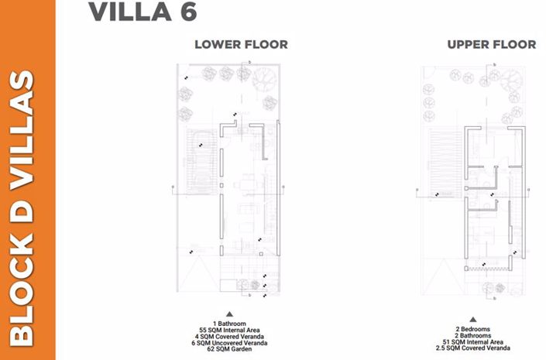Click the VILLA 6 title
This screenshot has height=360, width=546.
click(x=143, y=13)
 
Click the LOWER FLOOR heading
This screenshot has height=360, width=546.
click(x=241, y=44)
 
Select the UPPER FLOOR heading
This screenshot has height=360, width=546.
click(x=491, y=44)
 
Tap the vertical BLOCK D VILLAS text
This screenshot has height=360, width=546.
click(x=28, y=207)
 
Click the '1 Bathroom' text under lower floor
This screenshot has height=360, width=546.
click(x=239, y=321)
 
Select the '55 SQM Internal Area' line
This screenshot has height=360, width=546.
click(x=239, y=329)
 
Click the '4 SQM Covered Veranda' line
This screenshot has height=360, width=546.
click(x=239, y=336)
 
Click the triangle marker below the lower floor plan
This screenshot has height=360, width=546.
click(x=239, y=313)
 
